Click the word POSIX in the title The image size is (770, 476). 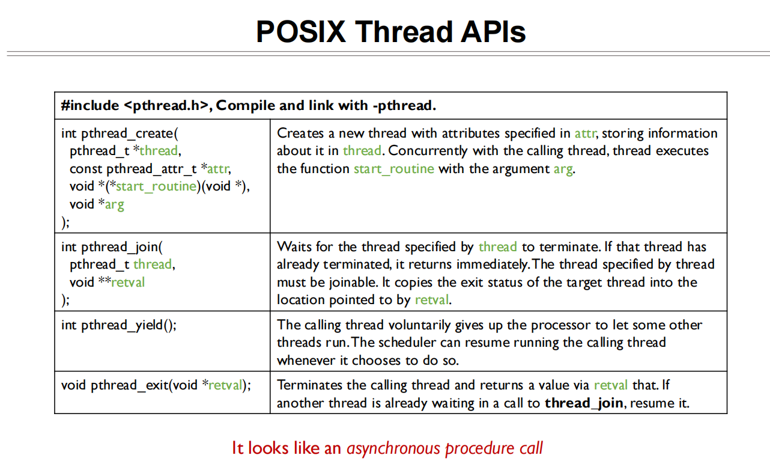301,31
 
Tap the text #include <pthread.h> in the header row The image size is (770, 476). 135,106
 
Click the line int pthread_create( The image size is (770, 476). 120,133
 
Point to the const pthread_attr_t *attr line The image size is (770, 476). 150,169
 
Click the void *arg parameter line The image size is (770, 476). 97,204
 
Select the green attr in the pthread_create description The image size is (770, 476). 584,133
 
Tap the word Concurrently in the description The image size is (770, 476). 428,151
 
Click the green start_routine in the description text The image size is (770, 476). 393,169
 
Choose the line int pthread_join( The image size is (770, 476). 112,247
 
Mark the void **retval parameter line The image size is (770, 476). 107,282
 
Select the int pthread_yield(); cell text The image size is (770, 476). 119,325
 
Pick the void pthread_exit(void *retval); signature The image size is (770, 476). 156,385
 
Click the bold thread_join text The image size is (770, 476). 585,403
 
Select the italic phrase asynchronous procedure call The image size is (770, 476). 444,448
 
